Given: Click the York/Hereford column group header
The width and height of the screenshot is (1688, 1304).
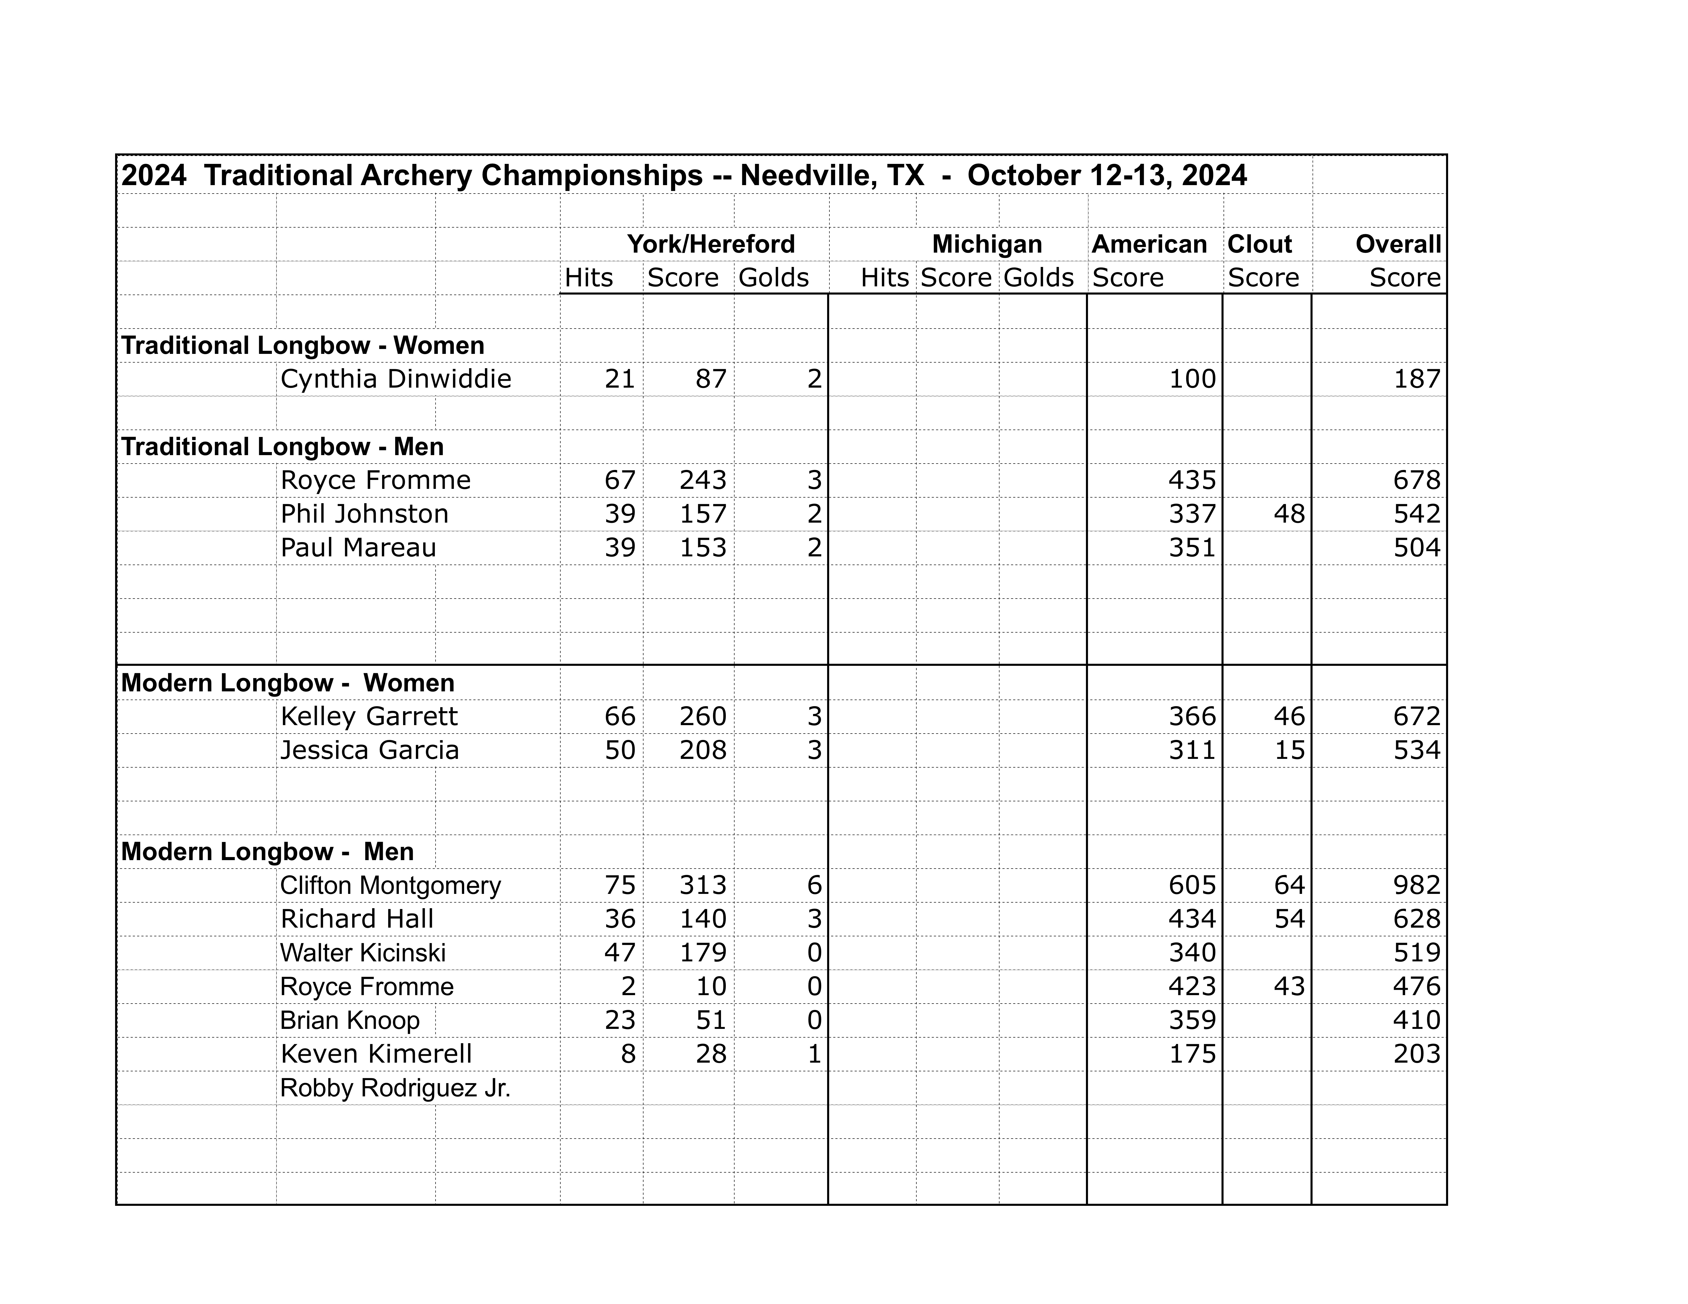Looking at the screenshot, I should pyautogui.click(x=710, y=244).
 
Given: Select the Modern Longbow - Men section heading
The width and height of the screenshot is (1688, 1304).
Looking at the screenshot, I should pyautogui.click(x=268, y=851).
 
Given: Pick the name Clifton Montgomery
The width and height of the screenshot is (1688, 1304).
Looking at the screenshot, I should pyautogui.click(x=390, y=885).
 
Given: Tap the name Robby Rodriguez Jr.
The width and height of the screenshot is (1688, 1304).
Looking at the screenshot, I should pyautogui.click(x=395, y=1088).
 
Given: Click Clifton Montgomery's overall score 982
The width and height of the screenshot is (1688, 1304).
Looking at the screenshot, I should pyautogui.click(x=1417, y=885).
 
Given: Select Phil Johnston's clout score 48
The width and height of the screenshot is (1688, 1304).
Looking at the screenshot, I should pyautogui.click(x=1289, y=514).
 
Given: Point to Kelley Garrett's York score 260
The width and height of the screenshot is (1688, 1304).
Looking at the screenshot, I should pyautogui.click(x=703, y=716).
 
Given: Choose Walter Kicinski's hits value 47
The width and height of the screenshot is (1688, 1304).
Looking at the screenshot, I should pyautogui.click(x=620, y=952).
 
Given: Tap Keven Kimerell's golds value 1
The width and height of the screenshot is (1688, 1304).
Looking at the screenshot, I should pyautogui.click(x=814, y=1054).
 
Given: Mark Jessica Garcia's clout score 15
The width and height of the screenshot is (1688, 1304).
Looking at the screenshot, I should pyautogui.click(x=1289, y=750).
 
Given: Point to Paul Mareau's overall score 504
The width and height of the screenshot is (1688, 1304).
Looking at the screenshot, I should pyautogui.click(x=1417, y=548).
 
